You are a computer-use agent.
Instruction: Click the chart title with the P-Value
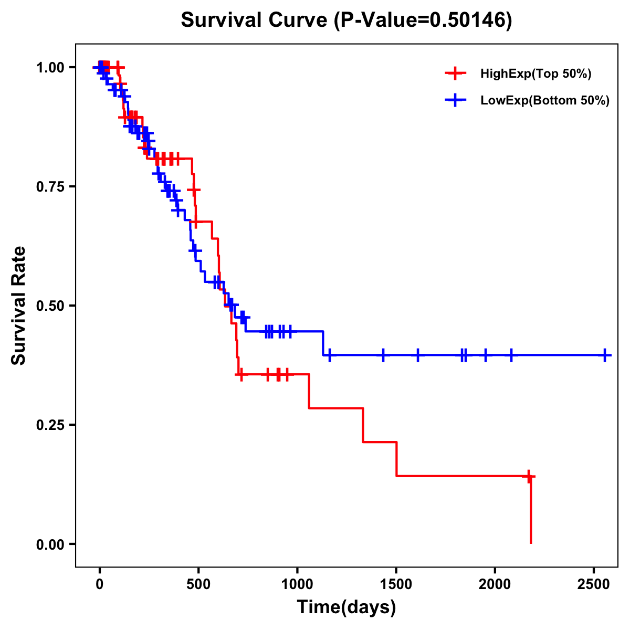tap(346, 20)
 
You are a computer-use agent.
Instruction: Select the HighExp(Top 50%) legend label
tap(536, 74)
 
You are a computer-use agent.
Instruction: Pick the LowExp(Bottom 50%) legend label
tap(545, 101)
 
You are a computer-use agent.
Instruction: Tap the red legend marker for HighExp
tap(455, 73)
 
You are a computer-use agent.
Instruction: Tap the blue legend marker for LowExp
tap(455, 100)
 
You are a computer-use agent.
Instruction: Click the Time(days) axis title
tap(346, 607)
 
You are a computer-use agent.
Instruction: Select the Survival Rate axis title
tap(19, 306)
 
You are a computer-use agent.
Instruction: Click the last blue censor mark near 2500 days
tap(605, 355)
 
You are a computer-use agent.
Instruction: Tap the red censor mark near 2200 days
tap(529, 476)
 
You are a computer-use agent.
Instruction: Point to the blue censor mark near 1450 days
tap(383, 355)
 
